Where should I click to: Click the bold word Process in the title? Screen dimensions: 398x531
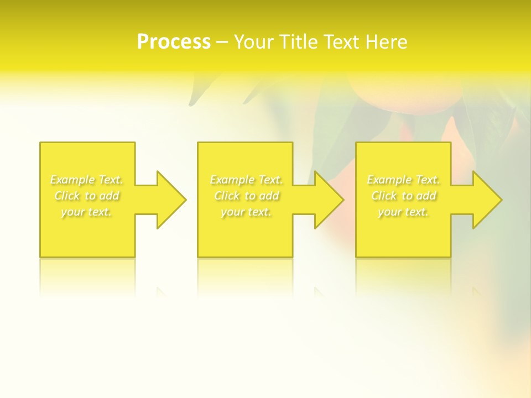point(174,42)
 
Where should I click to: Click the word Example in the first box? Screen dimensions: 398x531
point(72,180)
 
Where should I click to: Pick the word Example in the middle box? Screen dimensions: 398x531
point(232,180)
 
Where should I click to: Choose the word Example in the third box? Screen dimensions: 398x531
point(389,180)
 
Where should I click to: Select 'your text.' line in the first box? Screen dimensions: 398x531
point(86,212)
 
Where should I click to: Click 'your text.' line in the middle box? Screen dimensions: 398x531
point(246,212)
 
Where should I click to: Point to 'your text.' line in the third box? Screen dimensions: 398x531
point(403,212)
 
